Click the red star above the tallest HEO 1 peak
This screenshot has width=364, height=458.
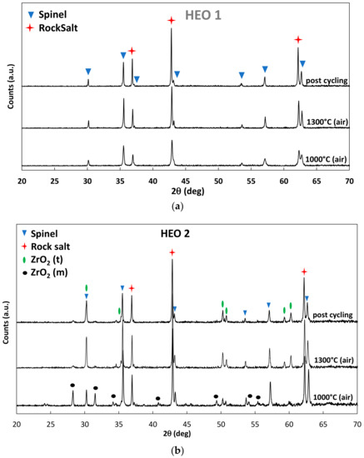coord(172,20)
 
